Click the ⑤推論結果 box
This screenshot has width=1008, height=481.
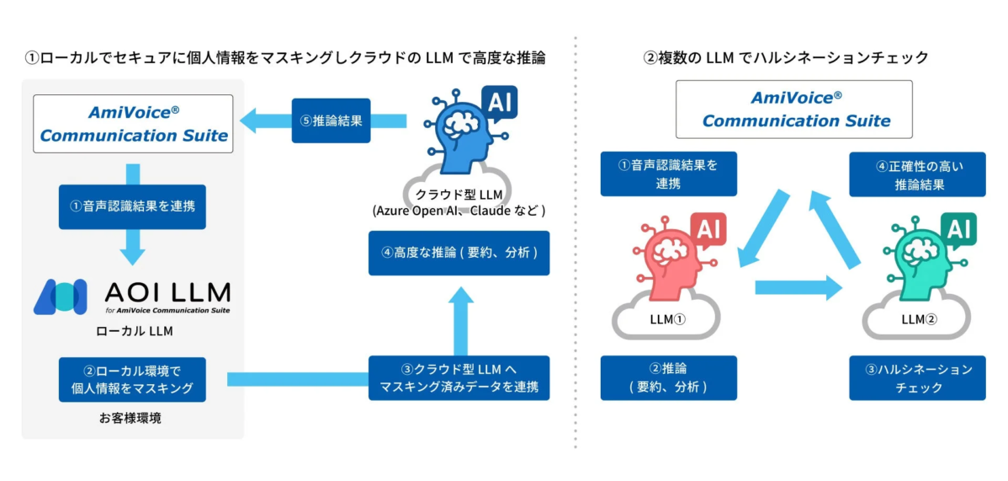[331, 120]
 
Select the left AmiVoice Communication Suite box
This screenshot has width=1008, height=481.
[133, 124]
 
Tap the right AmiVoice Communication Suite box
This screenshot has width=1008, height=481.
[793, 110]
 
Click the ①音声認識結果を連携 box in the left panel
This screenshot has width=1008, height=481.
[133, 206]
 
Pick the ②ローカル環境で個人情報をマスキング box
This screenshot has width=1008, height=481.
[132, 379]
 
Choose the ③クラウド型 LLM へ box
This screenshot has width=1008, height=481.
[459, 379]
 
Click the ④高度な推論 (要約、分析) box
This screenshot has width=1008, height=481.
[459, 253]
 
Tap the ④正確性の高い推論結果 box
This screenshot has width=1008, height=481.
[916, 174]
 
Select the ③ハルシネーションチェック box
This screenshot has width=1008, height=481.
[916, 378]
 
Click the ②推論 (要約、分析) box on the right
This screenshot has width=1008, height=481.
[668, 378]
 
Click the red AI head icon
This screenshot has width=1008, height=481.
[670, 257]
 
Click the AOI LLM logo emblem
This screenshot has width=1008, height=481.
[60, 297]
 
